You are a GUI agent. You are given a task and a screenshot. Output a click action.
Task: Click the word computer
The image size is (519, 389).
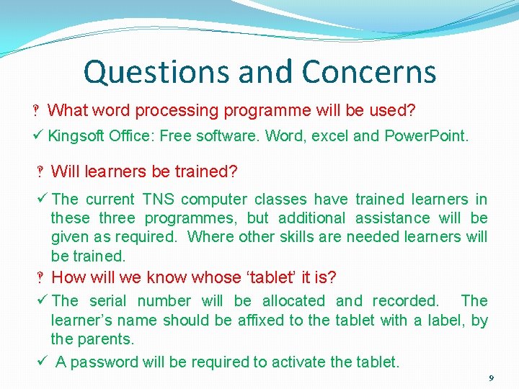click(214, 200)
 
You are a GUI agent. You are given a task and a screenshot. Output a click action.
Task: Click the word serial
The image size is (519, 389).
click(107, 300)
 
